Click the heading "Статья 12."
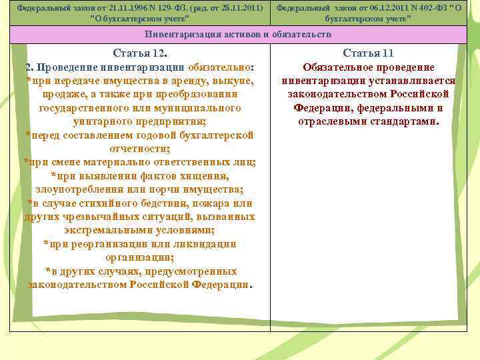(x=140, y=53)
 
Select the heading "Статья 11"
(x=369, y=53)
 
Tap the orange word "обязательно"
(x=219, y=67)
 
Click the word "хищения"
(x=207, y=176)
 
